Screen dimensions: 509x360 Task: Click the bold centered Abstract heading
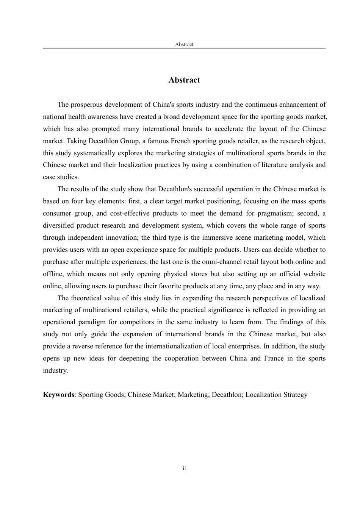pos(184,80)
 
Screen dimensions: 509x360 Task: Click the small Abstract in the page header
pos(184,44)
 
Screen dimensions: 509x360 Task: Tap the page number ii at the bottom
pos(184,468)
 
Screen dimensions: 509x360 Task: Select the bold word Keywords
pos(58,395)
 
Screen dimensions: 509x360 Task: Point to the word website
pos(313,274)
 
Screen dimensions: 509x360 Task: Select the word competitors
pos(145,322)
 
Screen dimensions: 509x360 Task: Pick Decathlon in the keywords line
pos(226,395)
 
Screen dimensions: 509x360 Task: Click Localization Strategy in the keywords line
pos(276,395)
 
